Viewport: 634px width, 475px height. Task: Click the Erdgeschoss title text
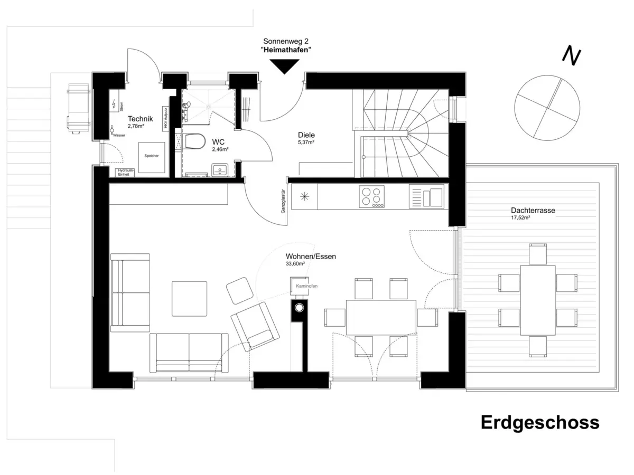[540, 423]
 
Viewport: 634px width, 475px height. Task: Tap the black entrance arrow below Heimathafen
[284, 66]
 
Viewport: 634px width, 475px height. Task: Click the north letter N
[572, 56]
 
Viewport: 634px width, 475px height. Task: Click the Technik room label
[140, 119]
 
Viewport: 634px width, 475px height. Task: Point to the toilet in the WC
[194, 141]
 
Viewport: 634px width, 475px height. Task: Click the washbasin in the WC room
[219, 169]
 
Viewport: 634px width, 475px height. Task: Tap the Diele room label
[306, 135]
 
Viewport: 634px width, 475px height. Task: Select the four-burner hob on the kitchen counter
[372, 196]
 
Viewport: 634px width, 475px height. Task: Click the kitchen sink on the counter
[426, 196]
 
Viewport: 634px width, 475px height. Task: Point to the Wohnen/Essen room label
[311, 256]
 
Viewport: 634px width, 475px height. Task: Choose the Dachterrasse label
[533, 210]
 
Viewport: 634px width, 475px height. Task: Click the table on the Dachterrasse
[537, 300]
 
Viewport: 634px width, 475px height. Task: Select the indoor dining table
[380, 317]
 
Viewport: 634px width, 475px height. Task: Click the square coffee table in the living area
[189, 299]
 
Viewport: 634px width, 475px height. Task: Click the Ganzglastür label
[284, 201]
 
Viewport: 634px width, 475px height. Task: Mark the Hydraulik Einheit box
[126, 173]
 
